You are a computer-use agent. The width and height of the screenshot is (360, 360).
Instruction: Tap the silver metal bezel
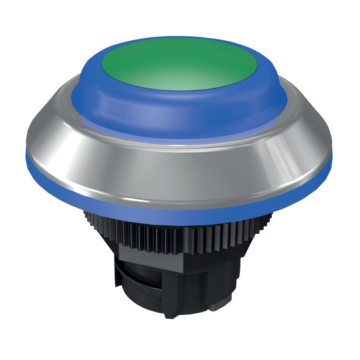coord(180,169)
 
